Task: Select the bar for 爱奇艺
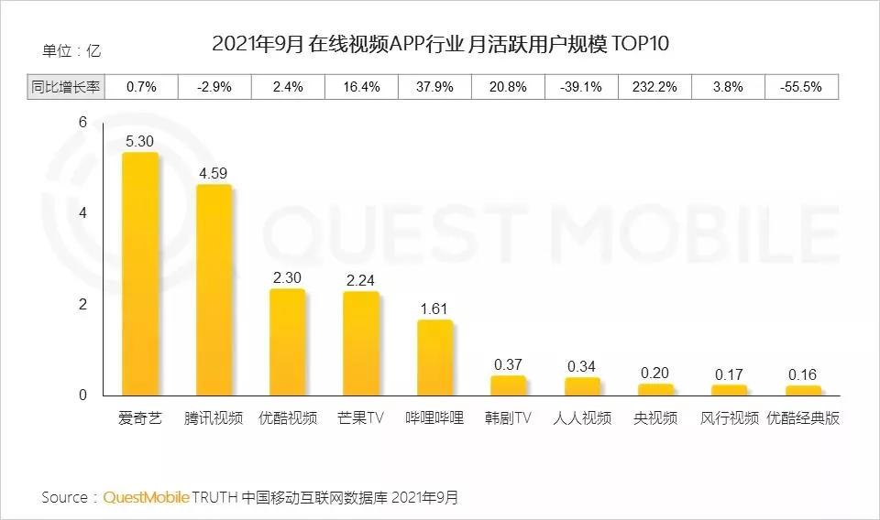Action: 140,275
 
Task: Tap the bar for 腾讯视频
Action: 214,291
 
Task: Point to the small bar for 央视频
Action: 655,390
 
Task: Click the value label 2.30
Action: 288,277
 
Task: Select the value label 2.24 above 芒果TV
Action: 361,280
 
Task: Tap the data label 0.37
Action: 508,364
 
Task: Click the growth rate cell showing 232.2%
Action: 654,87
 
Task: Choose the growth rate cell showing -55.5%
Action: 801,87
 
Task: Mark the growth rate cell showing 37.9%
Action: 434,87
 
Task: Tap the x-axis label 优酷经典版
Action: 803,418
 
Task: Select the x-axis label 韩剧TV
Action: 508,418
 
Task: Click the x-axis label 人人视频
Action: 582,418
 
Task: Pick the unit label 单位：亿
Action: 71,50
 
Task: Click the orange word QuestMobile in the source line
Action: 147,497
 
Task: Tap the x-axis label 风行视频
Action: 730,418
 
